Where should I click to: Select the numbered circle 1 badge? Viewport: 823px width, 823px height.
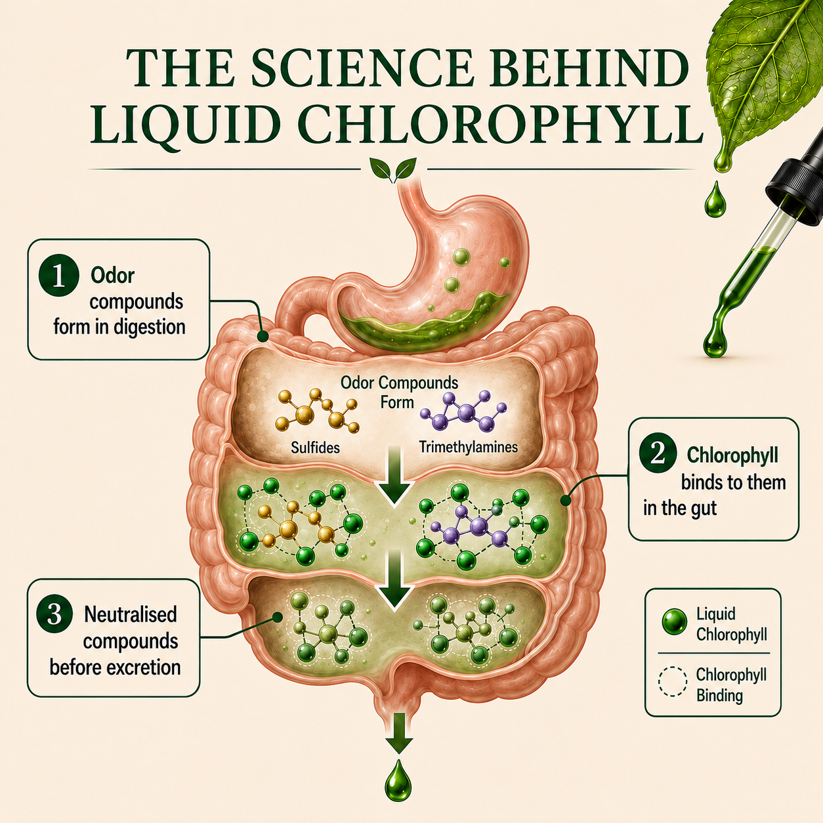pyautogui.click(x=58, y=276)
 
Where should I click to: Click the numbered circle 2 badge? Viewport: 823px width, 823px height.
pyautogui.click(x=658, y=454)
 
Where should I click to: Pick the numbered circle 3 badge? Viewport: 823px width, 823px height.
pyautogui.click(x=54, y=615)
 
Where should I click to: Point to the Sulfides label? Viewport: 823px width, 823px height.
pyautogui.click(x=315, y=447)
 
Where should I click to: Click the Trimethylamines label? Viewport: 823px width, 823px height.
pyautogui.click(x=468, y=447)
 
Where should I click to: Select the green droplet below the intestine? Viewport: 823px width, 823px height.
pyautogui.click(x=398, y=786)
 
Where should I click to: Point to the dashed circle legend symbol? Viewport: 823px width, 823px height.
pyautogui.click(x=673, y=682)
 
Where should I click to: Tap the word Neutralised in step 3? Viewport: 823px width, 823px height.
pyautogui.click(x=130, y=614)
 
